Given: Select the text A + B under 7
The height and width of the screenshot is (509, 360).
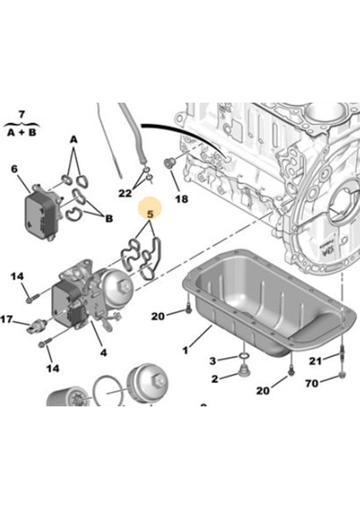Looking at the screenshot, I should tap(21, 131).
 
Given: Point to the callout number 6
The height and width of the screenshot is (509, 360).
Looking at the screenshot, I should tap(14, 170).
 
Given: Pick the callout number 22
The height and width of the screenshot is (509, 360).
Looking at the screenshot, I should tap(126, 193).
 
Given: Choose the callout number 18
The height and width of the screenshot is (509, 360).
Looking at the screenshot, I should tap(181, 199).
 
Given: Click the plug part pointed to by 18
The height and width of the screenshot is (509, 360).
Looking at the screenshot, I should tap(168, 163).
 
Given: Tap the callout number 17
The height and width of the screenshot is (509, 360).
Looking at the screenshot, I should tap(7, 320).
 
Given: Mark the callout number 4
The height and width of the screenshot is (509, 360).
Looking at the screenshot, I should tap(103, 351).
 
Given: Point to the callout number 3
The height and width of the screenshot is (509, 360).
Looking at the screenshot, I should tap(214, 362).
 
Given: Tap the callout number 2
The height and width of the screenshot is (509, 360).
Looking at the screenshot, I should tap(215, 378).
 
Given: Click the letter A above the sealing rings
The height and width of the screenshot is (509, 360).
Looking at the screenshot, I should tap(73, 139).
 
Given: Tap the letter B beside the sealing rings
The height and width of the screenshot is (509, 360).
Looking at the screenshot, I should tap(109, 217).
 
